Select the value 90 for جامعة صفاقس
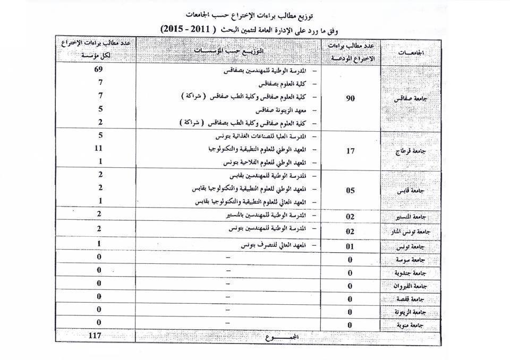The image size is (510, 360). click(x=350, y=99)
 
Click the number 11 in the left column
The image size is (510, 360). click(x=98, y=148)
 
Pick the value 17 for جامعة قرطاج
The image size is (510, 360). click(x=350, y=151)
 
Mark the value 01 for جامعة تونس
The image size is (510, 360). click(x=350, y=246)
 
